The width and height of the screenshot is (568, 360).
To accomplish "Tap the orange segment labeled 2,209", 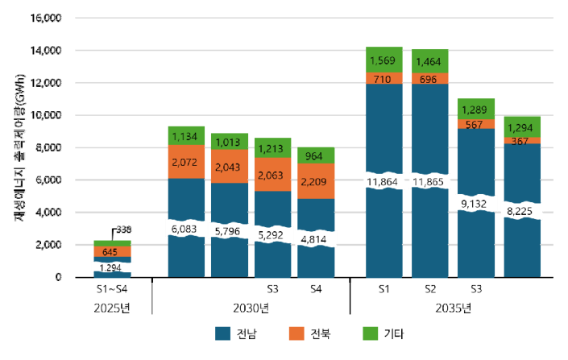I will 316,181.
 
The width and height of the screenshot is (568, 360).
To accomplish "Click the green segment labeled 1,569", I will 384,60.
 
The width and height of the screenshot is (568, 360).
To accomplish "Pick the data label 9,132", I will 476,205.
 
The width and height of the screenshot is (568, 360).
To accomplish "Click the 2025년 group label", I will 112,308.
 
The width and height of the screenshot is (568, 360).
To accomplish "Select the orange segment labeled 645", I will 112,252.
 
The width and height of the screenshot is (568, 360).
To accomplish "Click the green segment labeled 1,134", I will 186,136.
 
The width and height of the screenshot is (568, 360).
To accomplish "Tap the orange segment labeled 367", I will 522,141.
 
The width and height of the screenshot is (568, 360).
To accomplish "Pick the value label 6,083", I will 186,230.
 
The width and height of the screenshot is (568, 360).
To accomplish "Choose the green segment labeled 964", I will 316,155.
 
